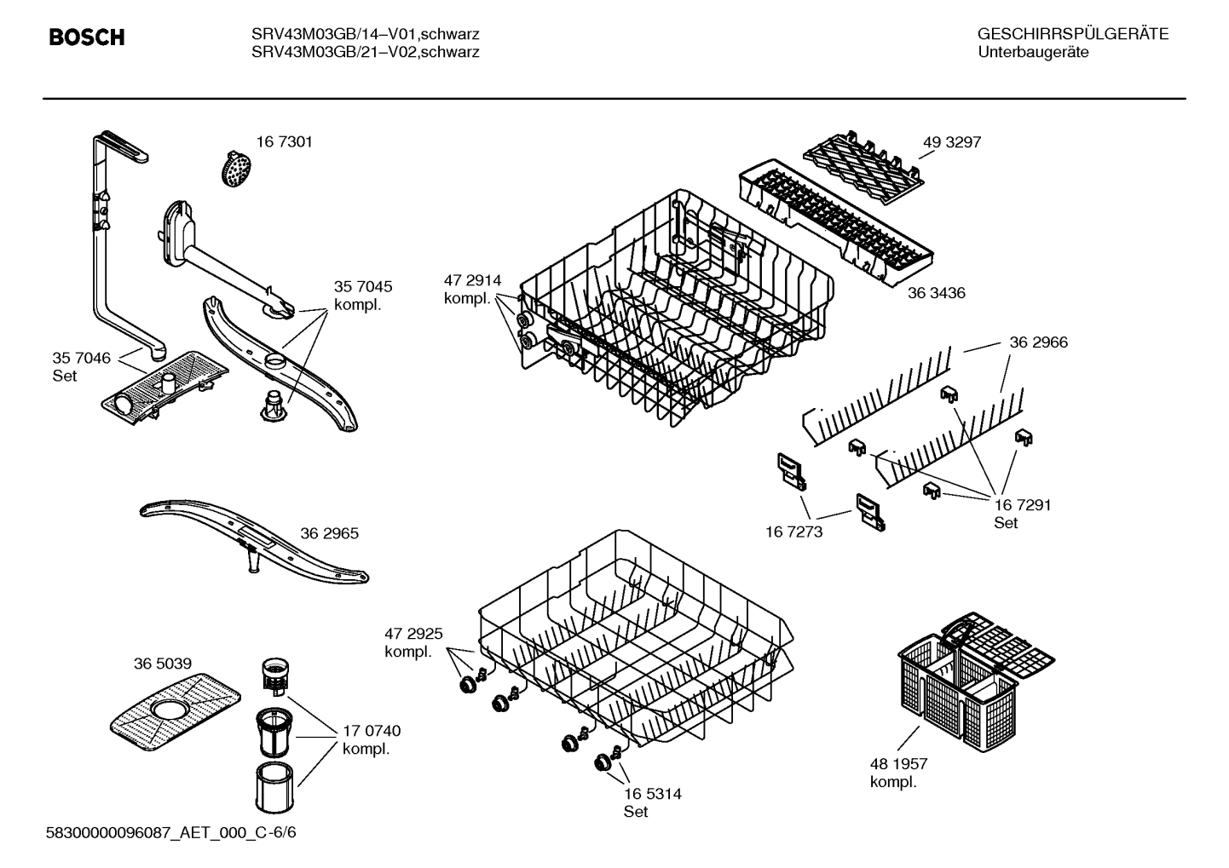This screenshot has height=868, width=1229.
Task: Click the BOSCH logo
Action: pos(87,37)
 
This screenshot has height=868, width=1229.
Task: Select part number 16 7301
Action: pos(284,142)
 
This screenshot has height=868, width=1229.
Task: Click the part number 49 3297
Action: pos(951,142)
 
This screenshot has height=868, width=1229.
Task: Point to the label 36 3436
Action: pos(936,293)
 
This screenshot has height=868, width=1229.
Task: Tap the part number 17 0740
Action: pos(372,731)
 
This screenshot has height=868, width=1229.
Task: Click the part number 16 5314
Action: pos(652,794)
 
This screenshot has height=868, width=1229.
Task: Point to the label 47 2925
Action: pos(413,634)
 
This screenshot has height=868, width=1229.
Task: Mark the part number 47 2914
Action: pos(472,280)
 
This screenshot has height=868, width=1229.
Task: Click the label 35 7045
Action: pos(363,287)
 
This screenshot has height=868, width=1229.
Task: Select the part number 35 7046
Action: pos(82,358)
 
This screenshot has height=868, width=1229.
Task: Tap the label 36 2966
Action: pos(1038,342)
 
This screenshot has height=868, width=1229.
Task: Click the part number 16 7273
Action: pos(793,532)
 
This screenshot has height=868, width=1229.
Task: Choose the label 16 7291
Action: pos(1023,504)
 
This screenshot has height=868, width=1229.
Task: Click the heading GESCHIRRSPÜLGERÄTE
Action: pos(1072,34)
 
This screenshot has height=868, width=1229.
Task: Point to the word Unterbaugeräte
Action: pos(1032,52)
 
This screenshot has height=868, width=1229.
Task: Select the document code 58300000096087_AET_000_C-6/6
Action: pos(170,832)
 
